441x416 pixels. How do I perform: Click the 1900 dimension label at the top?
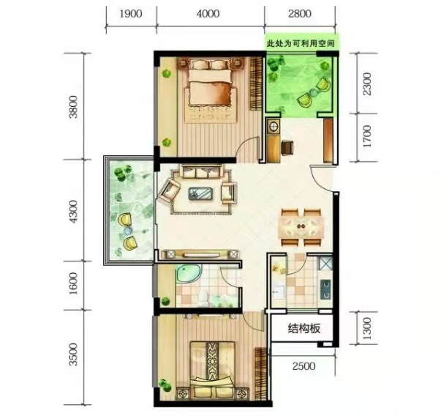point(131,13)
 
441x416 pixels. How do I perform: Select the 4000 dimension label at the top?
point(208,13)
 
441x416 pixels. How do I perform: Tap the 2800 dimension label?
point(300,13)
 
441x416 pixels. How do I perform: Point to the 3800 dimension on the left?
point(73,107)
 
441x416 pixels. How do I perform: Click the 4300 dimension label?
point(73,212)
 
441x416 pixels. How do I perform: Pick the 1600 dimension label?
point(73,283)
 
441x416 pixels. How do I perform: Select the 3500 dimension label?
point(73,354)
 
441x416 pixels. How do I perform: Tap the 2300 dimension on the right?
point(367,83)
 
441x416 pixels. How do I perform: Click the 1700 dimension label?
point(367,137)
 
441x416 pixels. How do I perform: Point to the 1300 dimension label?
point(367,328)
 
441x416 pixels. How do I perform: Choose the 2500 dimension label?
point(304,366)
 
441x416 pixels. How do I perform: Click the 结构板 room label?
point(304,328)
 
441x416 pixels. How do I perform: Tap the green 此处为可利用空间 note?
point(301,44)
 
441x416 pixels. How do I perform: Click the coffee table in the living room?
point(200,193)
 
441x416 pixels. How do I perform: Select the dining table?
point(301,226)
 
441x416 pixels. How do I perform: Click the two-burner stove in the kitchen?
point(325,289)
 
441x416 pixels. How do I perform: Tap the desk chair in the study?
point(287,147)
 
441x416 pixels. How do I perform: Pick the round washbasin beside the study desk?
point(273,127)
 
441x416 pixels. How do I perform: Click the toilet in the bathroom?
point(203,299)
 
